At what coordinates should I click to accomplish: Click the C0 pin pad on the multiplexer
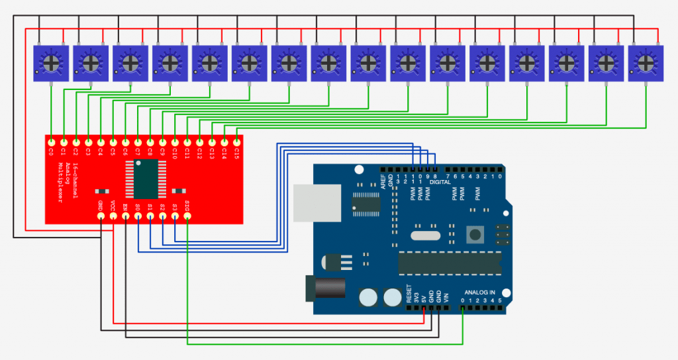(x=51, y=142)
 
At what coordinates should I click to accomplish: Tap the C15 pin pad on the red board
(x=236, y=142)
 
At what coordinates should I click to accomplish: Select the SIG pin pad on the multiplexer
(x=187, y=216)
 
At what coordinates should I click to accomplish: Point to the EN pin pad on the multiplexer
(x=125, y=216)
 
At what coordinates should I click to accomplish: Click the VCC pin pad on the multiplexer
(x=113, y=216)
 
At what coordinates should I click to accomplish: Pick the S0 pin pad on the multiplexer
(x=138, y=216)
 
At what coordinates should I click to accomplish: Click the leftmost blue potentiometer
(x=51, y=63)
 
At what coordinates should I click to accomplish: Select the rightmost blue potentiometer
(x=646, y=63)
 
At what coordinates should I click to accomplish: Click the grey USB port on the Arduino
(x=317, y=202)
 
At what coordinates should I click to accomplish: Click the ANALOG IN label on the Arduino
(x=479, y=292)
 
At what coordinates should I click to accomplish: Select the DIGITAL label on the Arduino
(x=440, y=182)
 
